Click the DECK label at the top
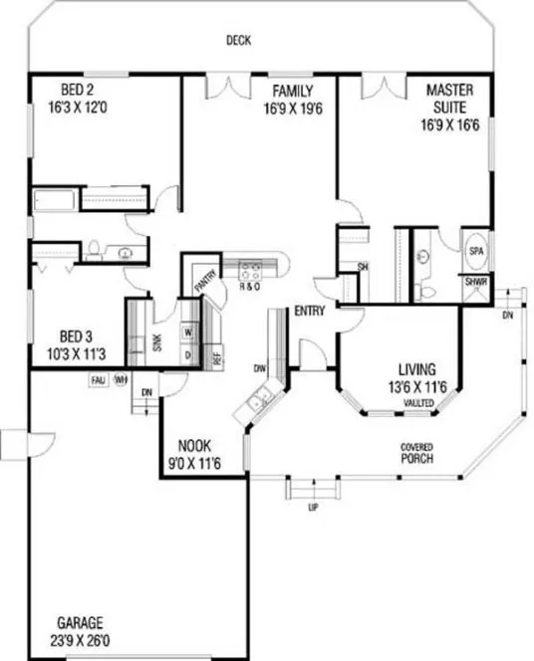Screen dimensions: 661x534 (x=237, y=40)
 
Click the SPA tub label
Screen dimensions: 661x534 (x=475, y=252)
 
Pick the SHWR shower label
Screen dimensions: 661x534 (x=475, y=282)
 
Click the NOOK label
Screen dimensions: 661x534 (x=193, y=445)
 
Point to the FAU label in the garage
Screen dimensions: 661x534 (x=98, y=379)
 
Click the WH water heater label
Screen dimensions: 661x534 (x=122, y=379)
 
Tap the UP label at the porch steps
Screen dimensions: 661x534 (x=315, y=508)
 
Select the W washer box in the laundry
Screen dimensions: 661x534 (x=187, y=333)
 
